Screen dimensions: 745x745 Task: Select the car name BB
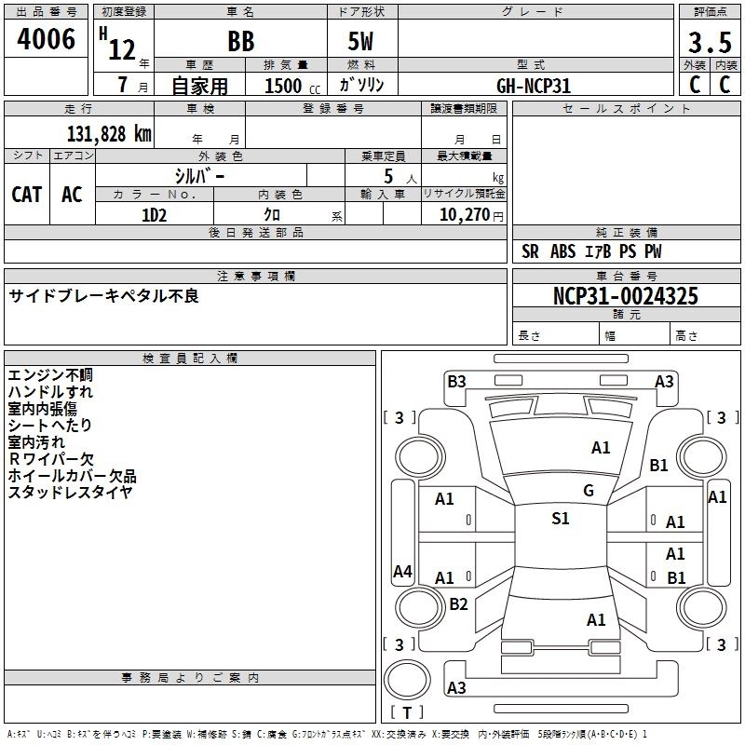click(x=241, y=44)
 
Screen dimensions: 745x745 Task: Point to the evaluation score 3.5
click(x=709, y=44)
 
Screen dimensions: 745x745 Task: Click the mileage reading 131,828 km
click(x=109, y=133)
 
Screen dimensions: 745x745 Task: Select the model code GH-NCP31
click(x=534, y=86)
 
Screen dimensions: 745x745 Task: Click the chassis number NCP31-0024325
click(x=625, y=296)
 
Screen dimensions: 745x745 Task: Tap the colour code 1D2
click(x=154, y=215)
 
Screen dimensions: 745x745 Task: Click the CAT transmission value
click(x=27, y=195)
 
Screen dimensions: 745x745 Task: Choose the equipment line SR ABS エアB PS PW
click(x=591, y=251)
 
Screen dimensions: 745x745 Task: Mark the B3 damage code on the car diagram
click(x=456, y=381)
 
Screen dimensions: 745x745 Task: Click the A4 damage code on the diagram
click(x=402, y=572)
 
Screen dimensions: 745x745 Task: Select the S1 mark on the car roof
click(x=560, y=519)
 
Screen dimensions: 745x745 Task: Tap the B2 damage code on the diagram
click(x=458, y=604)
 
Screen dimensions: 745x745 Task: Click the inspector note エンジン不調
click(x=50, y=375)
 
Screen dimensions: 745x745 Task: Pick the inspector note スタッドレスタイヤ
click(x=70, y=493)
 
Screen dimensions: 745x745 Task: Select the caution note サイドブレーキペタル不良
click(x=104, y=296)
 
